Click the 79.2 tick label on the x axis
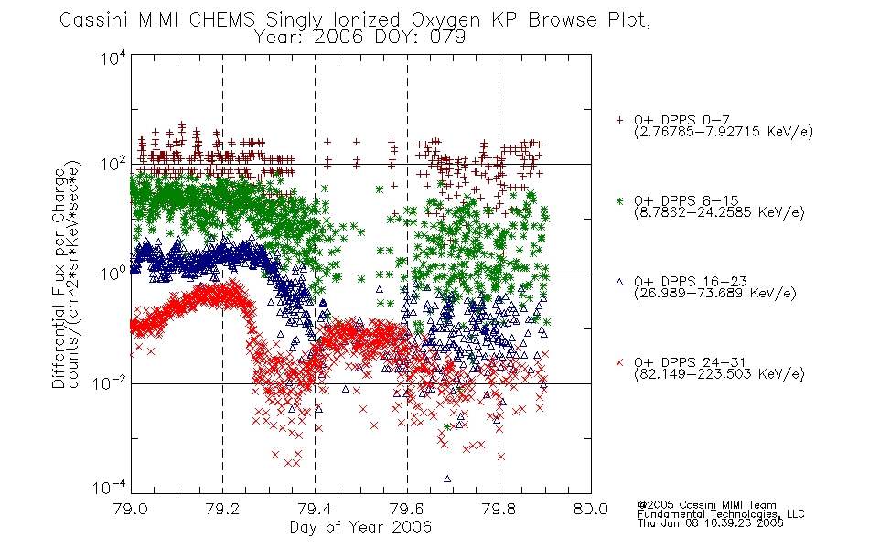point(223,509)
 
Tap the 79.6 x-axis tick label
point(407,509)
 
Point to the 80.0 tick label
point(591,509)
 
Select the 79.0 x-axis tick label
point(131,509)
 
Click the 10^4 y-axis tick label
point(113,59)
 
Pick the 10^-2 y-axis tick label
point(109,383)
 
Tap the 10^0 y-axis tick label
point(113,274)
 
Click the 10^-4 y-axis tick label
point(109,488)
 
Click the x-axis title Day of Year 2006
point(360,527)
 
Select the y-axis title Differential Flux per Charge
point(59,278)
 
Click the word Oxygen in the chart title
point(445,20)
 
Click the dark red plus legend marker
point(619,120)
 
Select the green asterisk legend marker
point(619,200)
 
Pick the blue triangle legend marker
point(619,282)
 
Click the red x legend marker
point(619,362)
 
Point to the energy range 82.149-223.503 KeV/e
point(719,374)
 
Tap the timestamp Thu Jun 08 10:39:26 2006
point(711,523)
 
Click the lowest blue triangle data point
point(447,479)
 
